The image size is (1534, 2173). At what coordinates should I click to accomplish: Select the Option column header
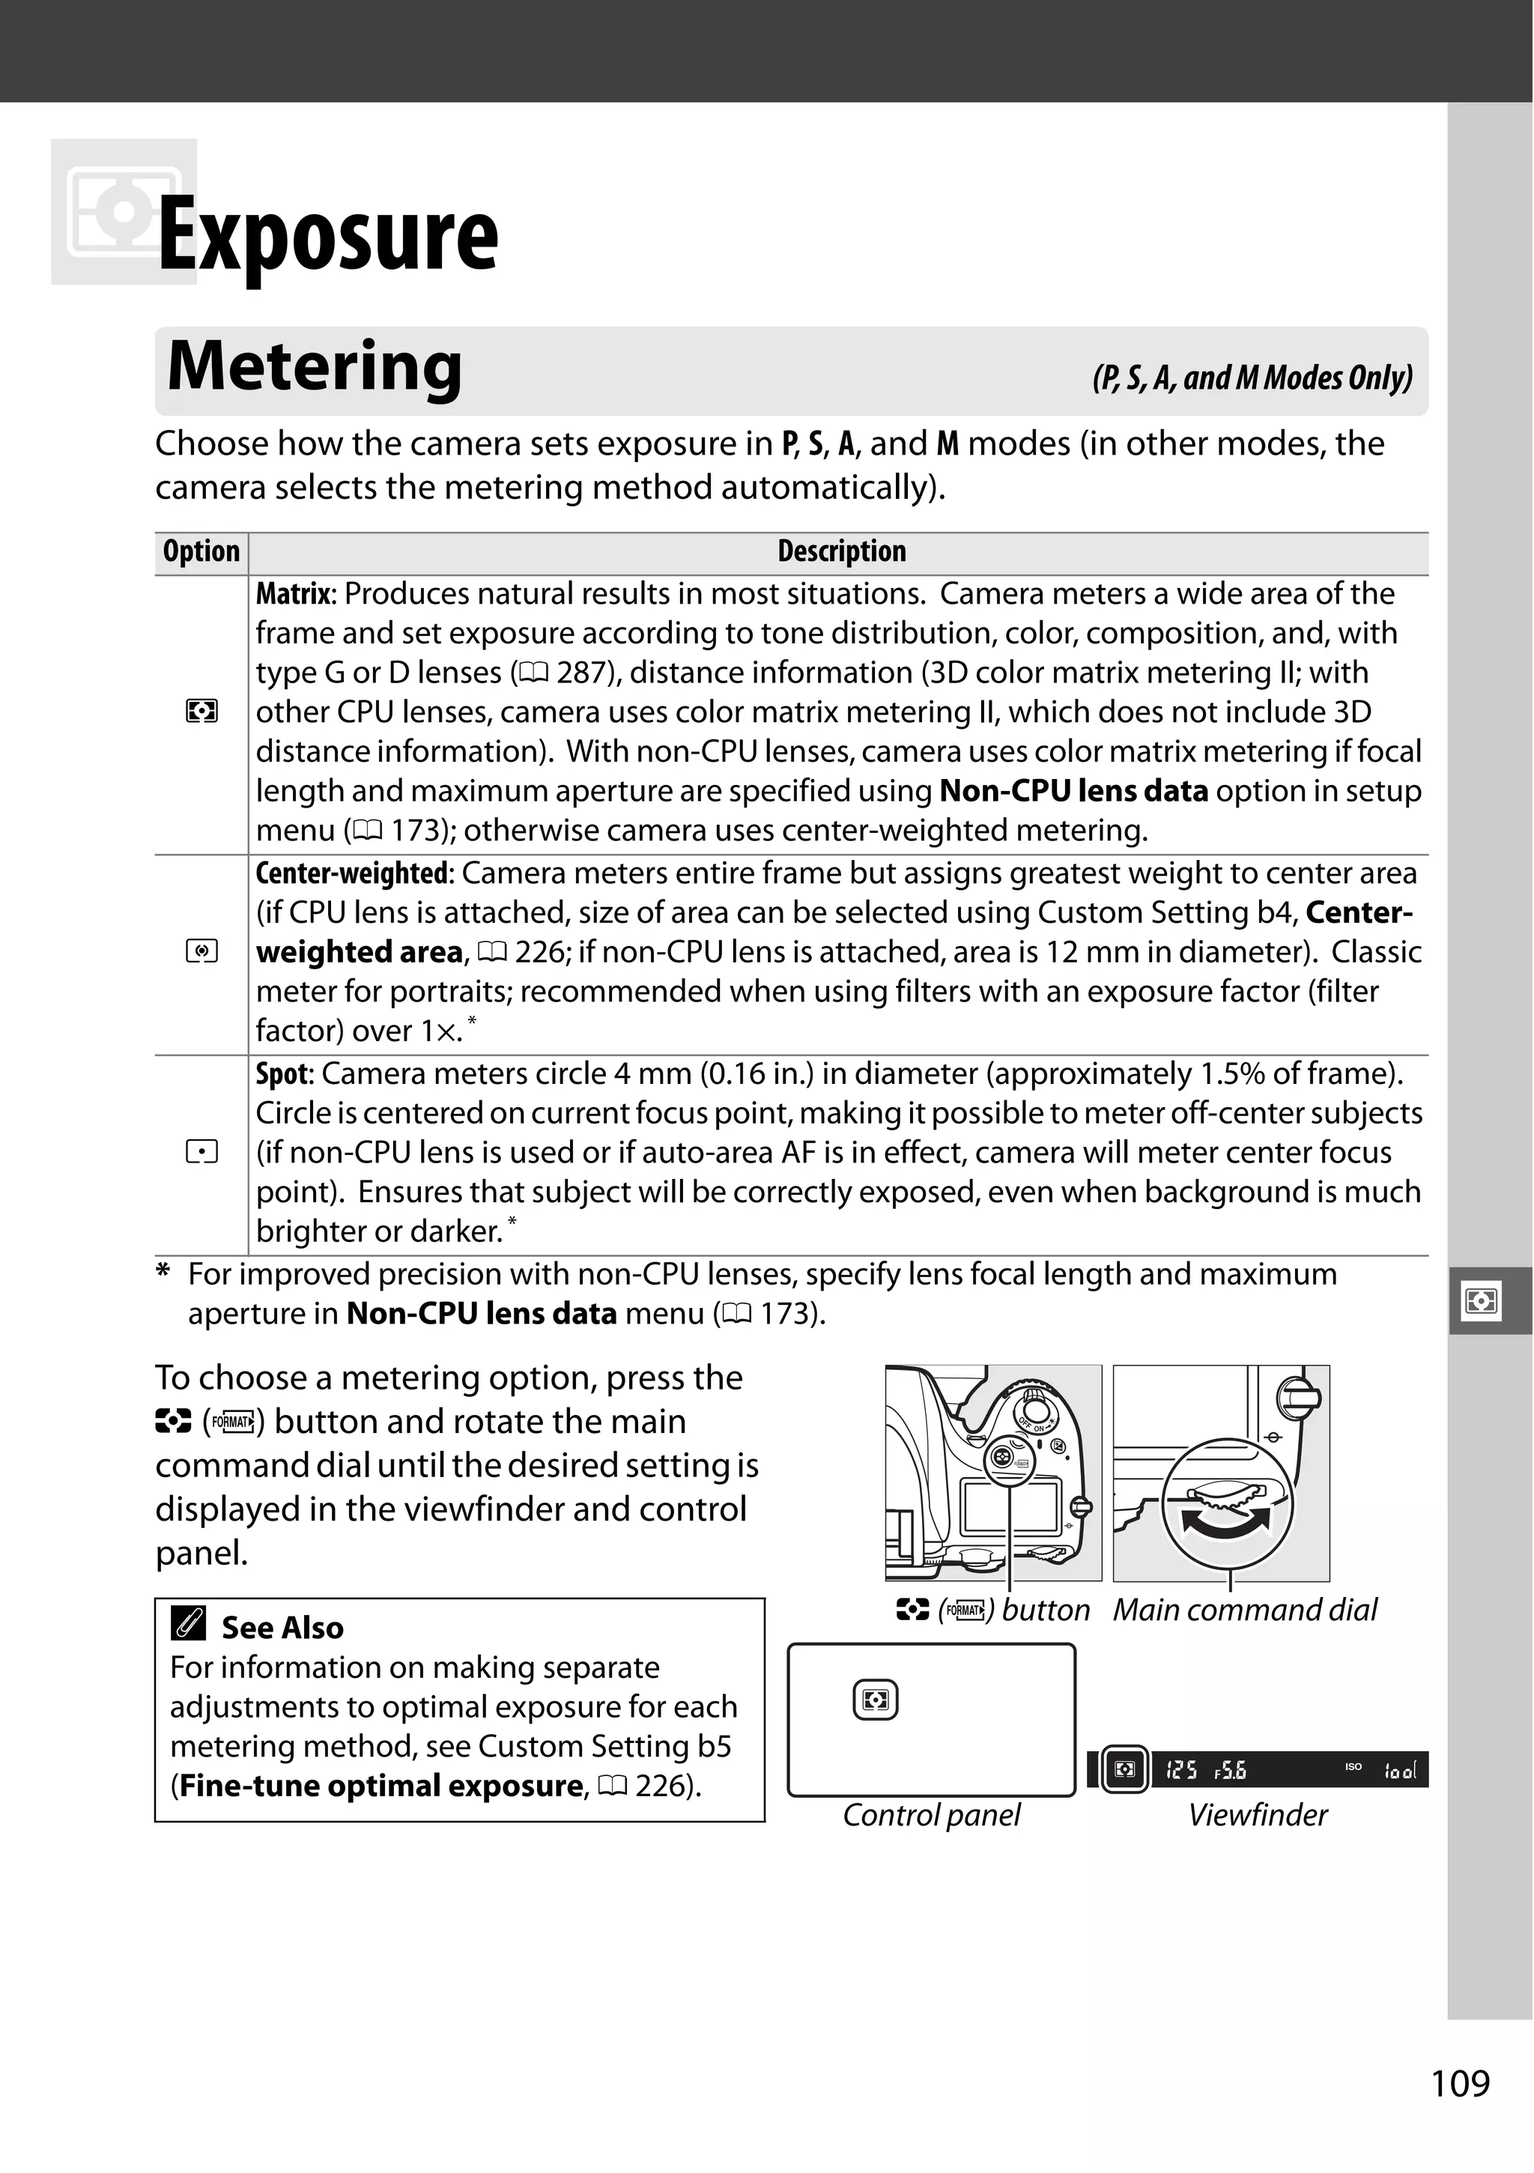(x=201, y=552)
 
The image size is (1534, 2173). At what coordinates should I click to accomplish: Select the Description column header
(x=841, y=552)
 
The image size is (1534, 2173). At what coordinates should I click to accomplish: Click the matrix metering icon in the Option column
(x=201, y=711)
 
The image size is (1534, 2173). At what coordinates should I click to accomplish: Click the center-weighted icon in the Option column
(x=201, y=952)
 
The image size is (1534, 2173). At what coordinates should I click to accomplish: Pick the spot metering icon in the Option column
(x=201, y=1153)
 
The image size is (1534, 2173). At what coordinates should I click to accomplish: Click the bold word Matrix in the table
(x=294, y=594)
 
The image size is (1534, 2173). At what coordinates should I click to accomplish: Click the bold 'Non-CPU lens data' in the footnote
(x=482, y=1315)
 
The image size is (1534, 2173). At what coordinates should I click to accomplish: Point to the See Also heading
(x=282, y=1628)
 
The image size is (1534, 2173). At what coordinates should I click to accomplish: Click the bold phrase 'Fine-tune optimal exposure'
(x=381, y=1786)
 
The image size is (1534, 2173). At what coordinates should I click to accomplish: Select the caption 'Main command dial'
(x=1243, y=1610)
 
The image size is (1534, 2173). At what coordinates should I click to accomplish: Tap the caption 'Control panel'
(x=931, y=1815)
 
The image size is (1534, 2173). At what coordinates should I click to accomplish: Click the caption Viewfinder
(x=1257, y=1815)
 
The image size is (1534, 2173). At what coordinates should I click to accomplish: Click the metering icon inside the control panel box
(x=876, y=1701)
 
